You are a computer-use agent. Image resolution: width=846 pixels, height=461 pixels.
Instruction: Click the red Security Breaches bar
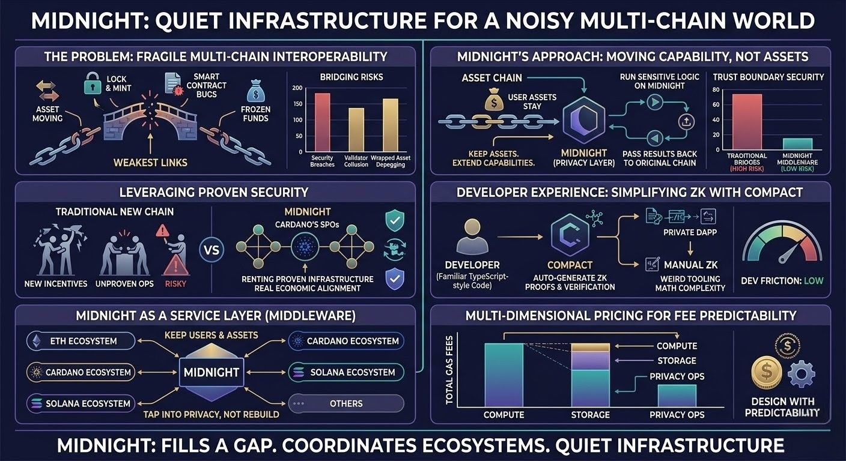322,124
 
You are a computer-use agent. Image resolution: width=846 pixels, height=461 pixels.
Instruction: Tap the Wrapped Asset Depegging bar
391,127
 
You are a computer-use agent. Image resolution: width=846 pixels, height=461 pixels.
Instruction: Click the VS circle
212,249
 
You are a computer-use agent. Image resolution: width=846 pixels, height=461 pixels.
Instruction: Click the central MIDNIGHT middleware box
211,372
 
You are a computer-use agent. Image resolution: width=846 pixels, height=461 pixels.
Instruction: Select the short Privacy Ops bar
677,396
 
